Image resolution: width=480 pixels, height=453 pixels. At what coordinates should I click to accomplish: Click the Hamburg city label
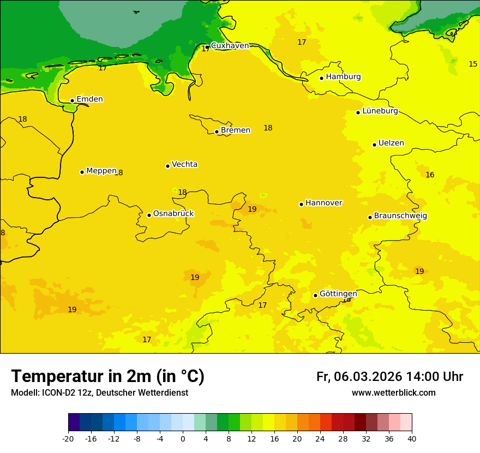[x=343, y=77]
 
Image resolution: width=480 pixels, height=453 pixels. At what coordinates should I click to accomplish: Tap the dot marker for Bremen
[x=217, y=132]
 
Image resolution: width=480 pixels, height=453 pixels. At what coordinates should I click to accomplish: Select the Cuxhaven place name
[x=230, y=46]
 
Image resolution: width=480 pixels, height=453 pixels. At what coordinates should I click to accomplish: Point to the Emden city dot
[x=72, y=100]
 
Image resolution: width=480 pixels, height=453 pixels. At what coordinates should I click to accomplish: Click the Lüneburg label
[x=380, y=111]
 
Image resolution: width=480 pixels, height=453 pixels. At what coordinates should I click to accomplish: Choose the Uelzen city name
[x=391, y=144]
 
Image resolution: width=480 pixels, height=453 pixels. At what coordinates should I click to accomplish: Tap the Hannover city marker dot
[x=301, y=204]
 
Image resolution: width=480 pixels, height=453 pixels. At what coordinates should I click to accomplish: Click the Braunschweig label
[x=400, y=216]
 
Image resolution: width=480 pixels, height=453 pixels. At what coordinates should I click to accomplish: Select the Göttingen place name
[x=338, y=294]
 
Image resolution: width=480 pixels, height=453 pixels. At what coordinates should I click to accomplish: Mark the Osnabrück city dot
[x=149, y=215]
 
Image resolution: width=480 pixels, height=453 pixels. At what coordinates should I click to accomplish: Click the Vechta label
[x=184, y=164]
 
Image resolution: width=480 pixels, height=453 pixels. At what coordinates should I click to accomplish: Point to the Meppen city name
[x=101, y=171]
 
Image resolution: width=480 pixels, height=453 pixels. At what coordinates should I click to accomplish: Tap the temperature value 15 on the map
[x=473, y=64]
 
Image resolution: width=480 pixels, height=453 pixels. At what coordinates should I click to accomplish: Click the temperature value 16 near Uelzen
[x=430, y=175]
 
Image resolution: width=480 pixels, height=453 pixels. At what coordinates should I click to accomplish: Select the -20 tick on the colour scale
[x=68, y=438]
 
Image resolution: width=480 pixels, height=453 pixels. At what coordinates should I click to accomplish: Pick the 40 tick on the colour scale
[x=412, y=438]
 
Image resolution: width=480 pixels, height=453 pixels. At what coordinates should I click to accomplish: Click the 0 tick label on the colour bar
[x=183, y=438]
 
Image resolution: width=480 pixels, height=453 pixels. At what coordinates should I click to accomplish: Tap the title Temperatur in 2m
[x=107, y=377]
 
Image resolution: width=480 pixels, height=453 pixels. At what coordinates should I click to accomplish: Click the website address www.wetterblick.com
[x=393, y=393]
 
